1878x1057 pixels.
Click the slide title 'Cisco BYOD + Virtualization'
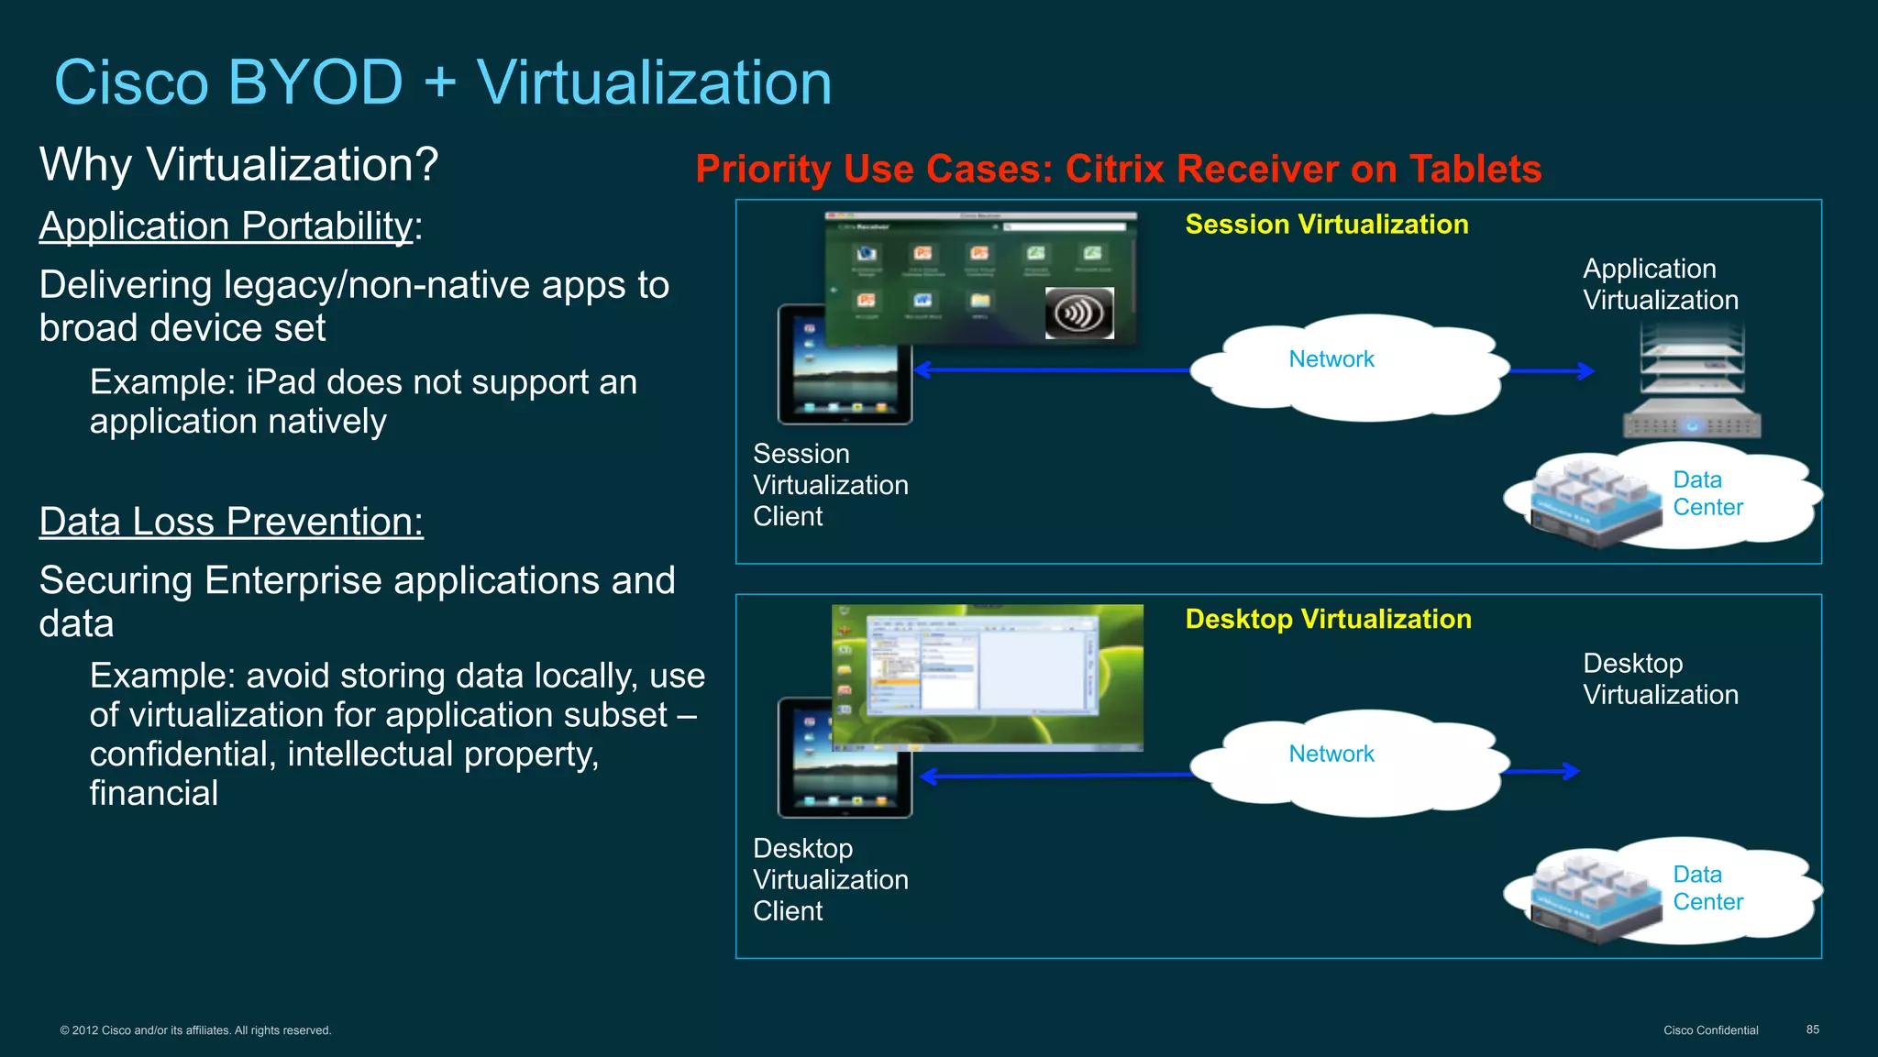[443, 83]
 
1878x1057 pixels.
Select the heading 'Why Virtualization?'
[238, 165]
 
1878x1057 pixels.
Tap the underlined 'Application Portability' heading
[226, 226]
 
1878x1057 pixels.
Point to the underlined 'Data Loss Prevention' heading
[231, 522]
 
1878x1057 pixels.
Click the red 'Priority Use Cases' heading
[1118, 170]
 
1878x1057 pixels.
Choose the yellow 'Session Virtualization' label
[1326, 225]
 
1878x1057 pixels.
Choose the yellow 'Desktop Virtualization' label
[1328, 620]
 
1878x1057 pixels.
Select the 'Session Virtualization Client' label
[830, 485]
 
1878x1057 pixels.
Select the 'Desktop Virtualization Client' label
[830, 880]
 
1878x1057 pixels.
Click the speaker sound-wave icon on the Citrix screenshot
[1079, 313]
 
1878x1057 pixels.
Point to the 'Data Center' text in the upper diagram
[1707, 493]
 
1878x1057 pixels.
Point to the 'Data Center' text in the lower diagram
[1707, 888]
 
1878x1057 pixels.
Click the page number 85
[1812, 1029]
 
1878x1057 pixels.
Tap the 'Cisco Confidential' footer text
[1710, 1030]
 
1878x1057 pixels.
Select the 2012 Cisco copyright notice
[195, 1030]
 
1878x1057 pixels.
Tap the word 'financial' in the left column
[154, 793]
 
